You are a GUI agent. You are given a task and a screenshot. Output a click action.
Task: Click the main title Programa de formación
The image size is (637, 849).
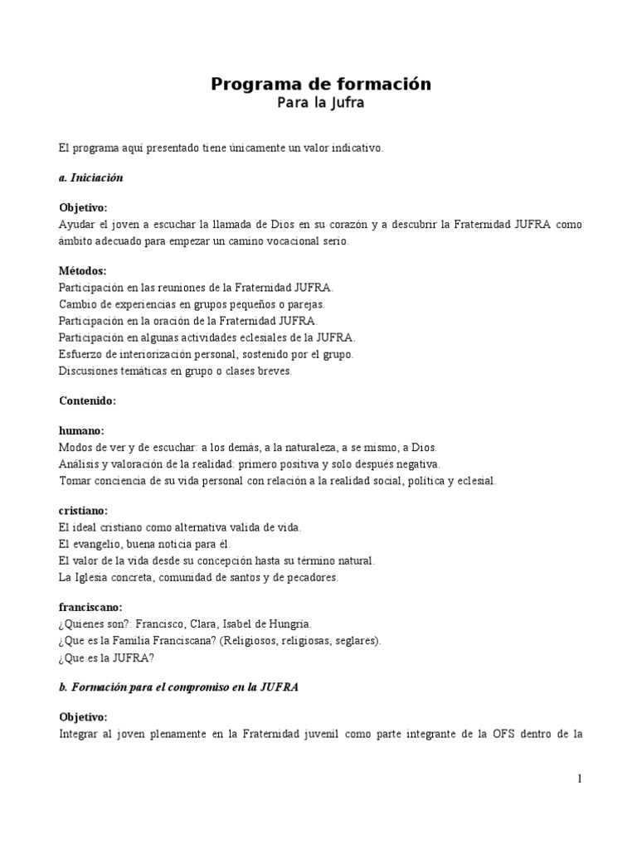(x=320, y=84)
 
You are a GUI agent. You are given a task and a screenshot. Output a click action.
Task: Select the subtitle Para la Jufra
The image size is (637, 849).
(x=320, y=104)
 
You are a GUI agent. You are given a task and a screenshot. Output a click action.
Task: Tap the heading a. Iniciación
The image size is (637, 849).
(x=91, y=177)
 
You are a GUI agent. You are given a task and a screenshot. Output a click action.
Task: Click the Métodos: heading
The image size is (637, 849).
(x=83, y=271)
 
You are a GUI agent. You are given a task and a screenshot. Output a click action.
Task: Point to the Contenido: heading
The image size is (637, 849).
(x=87, y=400)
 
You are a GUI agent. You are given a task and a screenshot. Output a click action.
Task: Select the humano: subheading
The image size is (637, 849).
(x=81, y=430)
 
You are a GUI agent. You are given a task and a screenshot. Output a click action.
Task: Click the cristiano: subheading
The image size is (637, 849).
(x=85, y=511)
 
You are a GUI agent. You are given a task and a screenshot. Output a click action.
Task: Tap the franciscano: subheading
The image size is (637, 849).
(x=92, y=607)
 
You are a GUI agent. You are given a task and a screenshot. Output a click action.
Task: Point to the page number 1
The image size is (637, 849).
(x=580, y=779)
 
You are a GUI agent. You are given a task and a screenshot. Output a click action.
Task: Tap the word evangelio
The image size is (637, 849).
(x=103, y=544)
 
